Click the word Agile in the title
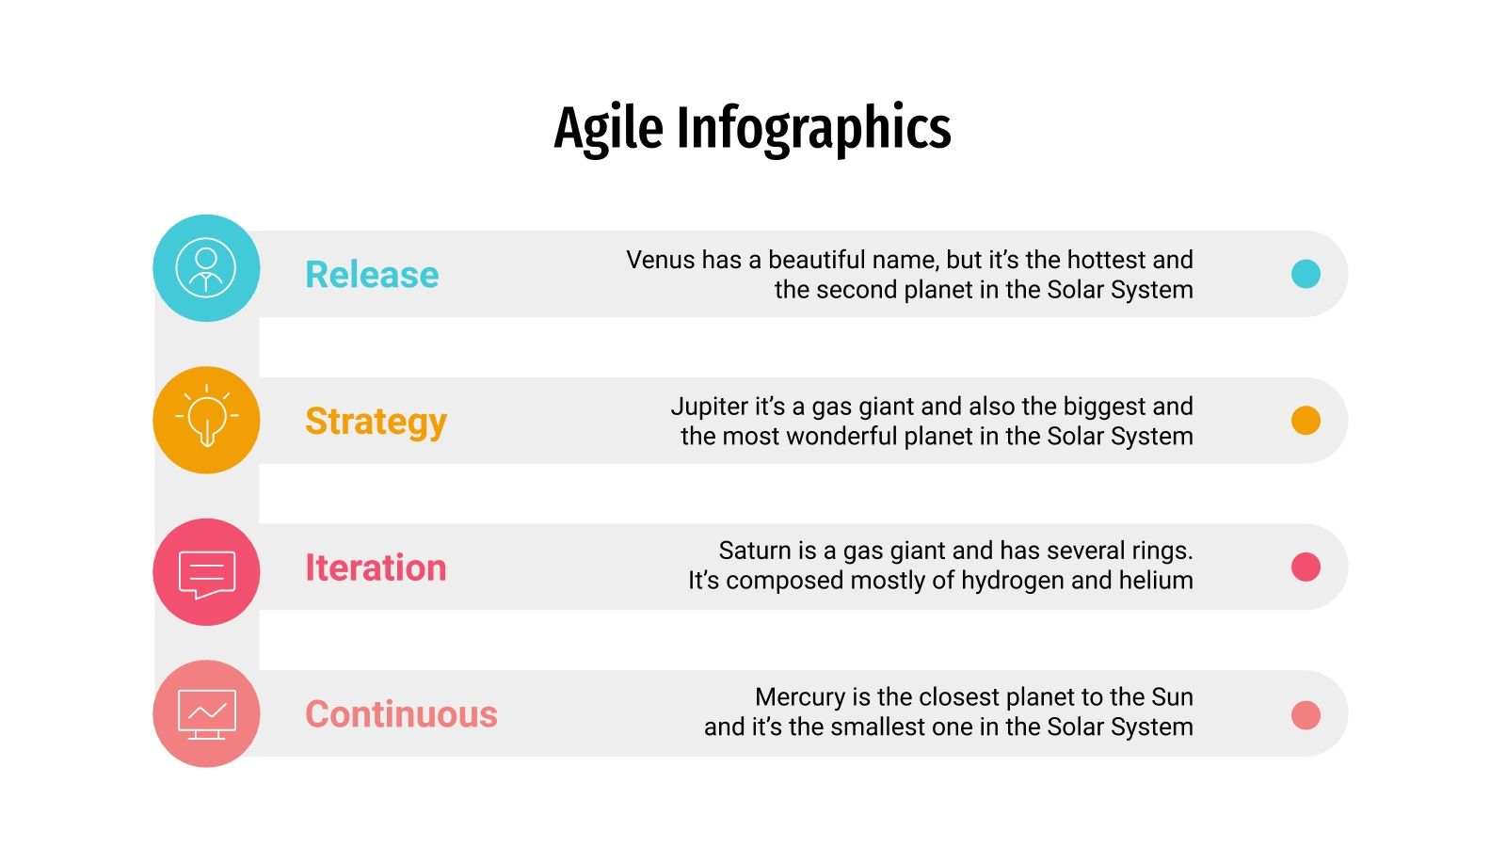coord(608,129)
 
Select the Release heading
coord(372,275)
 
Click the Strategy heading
coord(376,422)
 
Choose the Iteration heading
coord(376,568)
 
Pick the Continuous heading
coord(401,714)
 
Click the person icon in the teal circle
coord(206,269)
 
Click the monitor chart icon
coord(206,715)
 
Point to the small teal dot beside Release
coord(1306,274)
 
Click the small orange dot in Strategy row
coord(1306,421)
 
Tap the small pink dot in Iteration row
coord(1306,567)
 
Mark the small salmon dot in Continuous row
coord(1306,715)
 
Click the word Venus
coord(659,260)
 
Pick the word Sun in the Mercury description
coord(1172,697)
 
